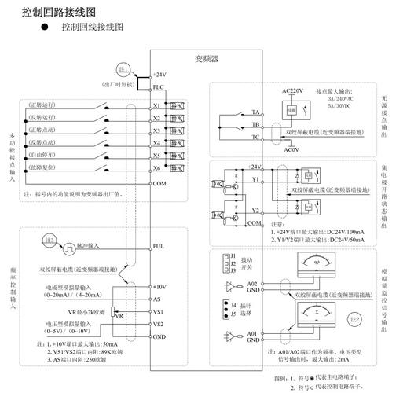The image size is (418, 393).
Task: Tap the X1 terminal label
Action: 157,105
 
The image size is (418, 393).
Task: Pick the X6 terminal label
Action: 157,168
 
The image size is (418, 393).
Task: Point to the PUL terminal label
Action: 158,246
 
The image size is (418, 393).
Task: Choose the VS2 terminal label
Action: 158,324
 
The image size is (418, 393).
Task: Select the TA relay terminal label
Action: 256,113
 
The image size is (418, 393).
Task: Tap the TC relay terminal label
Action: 256,136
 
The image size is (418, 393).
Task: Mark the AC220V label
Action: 292,91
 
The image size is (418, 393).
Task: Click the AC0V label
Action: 291,149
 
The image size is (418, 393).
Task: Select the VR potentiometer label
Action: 119,315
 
